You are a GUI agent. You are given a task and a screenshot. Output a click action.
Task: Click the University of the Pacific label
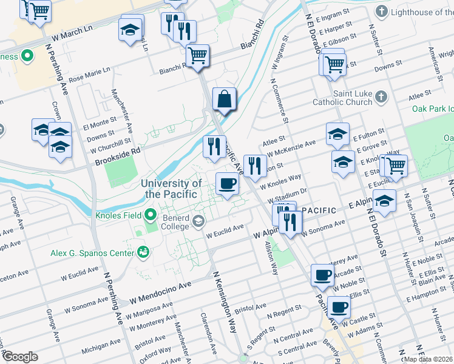click(171, 189)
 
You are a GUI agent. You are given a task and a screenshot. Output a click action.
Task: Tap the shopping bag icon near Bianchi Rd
click(224, 99)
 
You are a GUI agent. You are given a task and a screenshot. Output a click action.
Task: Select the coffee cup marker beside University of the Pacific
click(227, 183)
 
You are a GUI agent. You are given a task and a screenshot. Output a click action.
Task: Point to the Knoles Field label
click(118, 215)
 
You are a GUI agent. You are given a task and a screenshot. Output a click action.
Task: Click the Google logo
click(20, 357)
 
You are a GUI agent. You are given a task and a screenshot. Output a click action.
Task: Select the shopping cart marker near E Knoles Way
click(396, 164)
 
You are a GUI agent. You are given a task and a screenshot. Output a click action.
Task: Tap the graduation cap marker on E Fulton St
click(337, 134)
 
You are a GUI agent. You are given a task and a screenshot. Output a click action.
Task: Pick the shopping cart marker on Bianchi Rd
click(197, 56)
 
